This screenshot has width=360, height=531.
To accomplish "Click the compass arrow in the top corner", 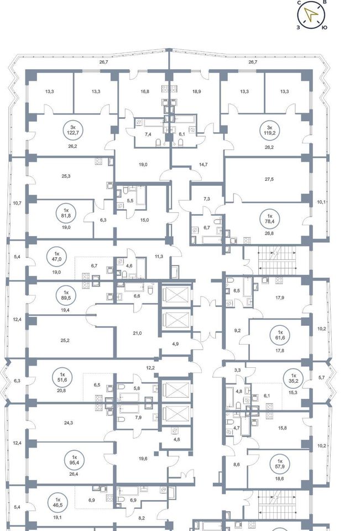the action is [311, 14].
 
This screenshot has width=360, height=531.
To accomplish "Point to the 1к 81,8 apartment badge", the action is [66, 213].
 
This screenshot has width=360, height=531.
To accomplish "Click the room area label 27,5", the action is [269, 179].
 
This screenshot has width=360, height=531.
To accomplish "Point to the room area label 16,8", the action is [145, 91].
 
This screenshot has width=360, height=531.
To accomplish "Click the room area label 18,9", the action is [196, 91].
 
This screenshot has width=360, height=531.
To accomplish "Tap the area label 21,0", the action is [137, 333].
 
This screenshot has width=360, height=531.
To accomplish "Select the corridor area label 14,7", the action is [203, 164].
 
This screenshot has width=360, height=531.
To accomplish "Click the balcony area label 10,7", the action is [17, 203].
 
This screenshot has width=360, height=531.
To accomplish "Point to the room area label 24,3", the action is [69, 423].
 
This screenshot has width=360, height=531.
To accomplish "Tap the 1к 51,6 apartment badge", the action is [62, 377].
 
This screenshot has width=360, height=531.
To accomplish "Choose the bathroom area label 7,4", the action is [148, 134].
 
